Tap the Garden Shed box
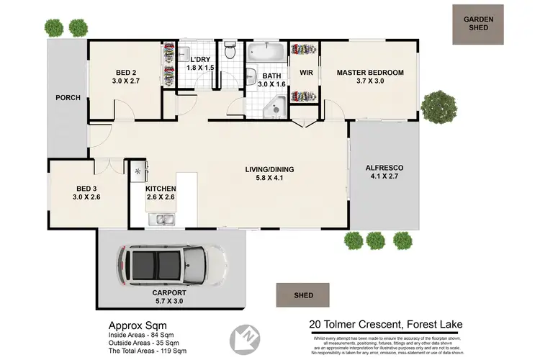pos(478,25)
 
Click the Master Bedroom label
pos(370,73)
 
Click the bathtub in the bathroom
pos(267,53)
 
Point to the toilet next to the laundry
pos(230,51)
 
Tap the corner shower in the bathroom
pos(274,108)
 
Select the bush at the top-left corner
pos(55,28)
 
